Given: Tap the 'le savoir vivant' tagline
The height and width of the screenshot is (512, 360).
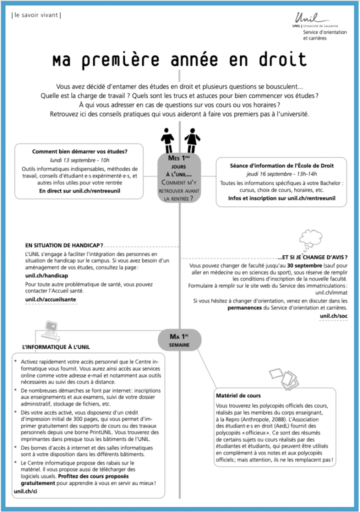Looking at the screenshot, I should coord(35,15).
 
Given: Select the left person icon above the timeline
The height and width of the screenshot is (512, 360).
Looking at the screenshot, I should coord(167,139).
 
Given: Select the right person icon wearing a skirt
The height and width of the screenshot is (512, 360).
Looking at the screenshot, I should coord(190,140).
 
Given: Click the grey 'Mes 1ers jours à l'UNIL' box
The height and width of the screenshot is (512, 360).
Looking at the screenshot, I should coord(178,178).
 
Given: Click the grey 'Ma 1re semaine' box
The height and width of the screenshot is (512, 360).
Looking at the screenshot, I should coord(178,339).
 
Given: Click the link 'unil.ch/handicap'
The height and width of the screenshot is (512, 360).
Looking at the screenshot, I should coord(46,275).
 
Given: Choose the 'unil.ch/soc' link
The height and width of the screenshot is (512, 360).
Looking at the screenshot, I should coord(333,316).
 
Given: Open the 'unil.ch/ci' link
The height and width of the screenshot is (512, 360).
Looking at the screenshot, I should coord(25,491).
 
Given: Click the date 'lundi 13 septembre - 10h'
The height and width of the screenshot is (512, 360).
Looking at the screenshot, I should coord(80,160).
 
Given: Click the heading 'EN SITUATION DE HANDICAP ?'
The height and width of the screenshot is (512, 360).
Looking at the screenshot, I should coord(64,245).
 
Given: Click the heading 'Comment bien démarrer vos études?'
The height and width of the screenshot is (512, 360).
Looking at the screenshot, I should coord(80,151).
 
